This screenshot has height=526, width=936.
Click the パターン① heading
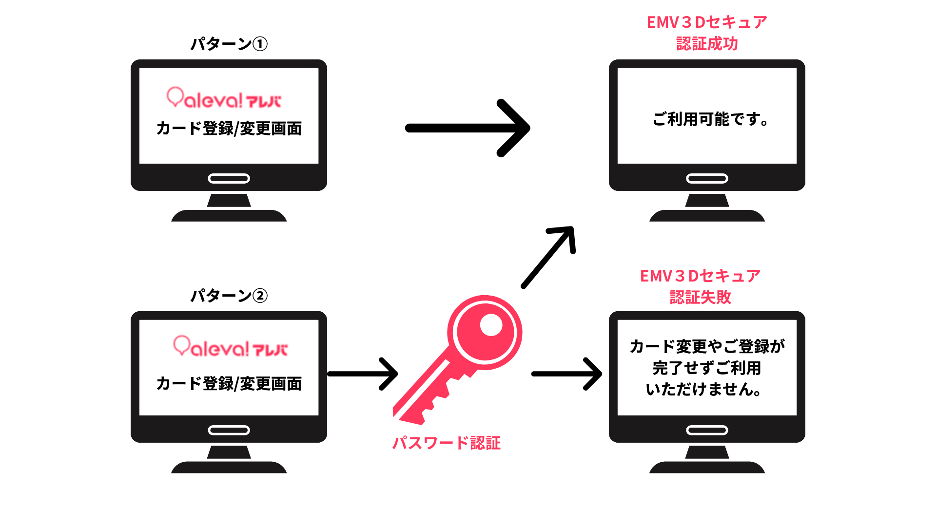[x=229, y=44]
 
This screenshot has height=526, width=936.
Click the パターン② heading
[x=229, y=296]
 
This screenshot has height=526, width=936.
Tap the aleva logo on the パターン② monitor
[x=230, y=347]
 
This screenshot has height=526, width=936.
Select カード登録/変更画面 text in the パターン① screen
[x=229, y=129]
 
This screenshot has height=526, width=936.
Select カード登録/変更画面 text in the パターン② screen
[x=229, y=384]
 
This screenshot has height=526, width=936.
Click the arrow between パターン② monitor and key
[x=363, y=374]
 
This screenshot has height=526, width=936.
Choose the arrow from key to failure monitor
[x=566, y=374]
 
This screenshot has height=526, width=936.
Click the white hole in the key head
[x=491, y=325]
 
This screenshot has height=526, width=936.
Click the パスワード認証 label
[x=447, y=443]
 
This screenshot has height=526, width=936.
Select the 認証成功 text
[x=707, y=44]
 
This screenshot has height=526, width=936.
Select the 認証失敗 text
[x=700, y=297]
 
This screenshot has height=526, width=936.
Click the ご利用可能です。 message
[x=710, y=119]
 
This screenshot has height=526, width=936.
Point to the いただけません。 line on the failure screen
[x=703, y=389]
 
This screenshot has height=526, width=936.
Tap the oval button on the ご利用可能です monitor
[x=707, y=179]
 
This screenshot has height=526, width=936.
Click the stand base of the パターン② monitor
[x=229, y=468]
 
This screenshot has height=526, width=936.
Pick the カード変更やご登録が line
[x=707, y=346]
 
